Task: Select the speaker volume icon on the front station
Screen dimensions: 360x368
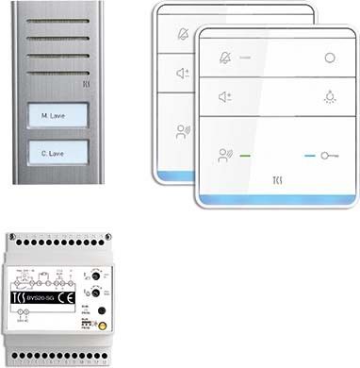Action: click(223, 96)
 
